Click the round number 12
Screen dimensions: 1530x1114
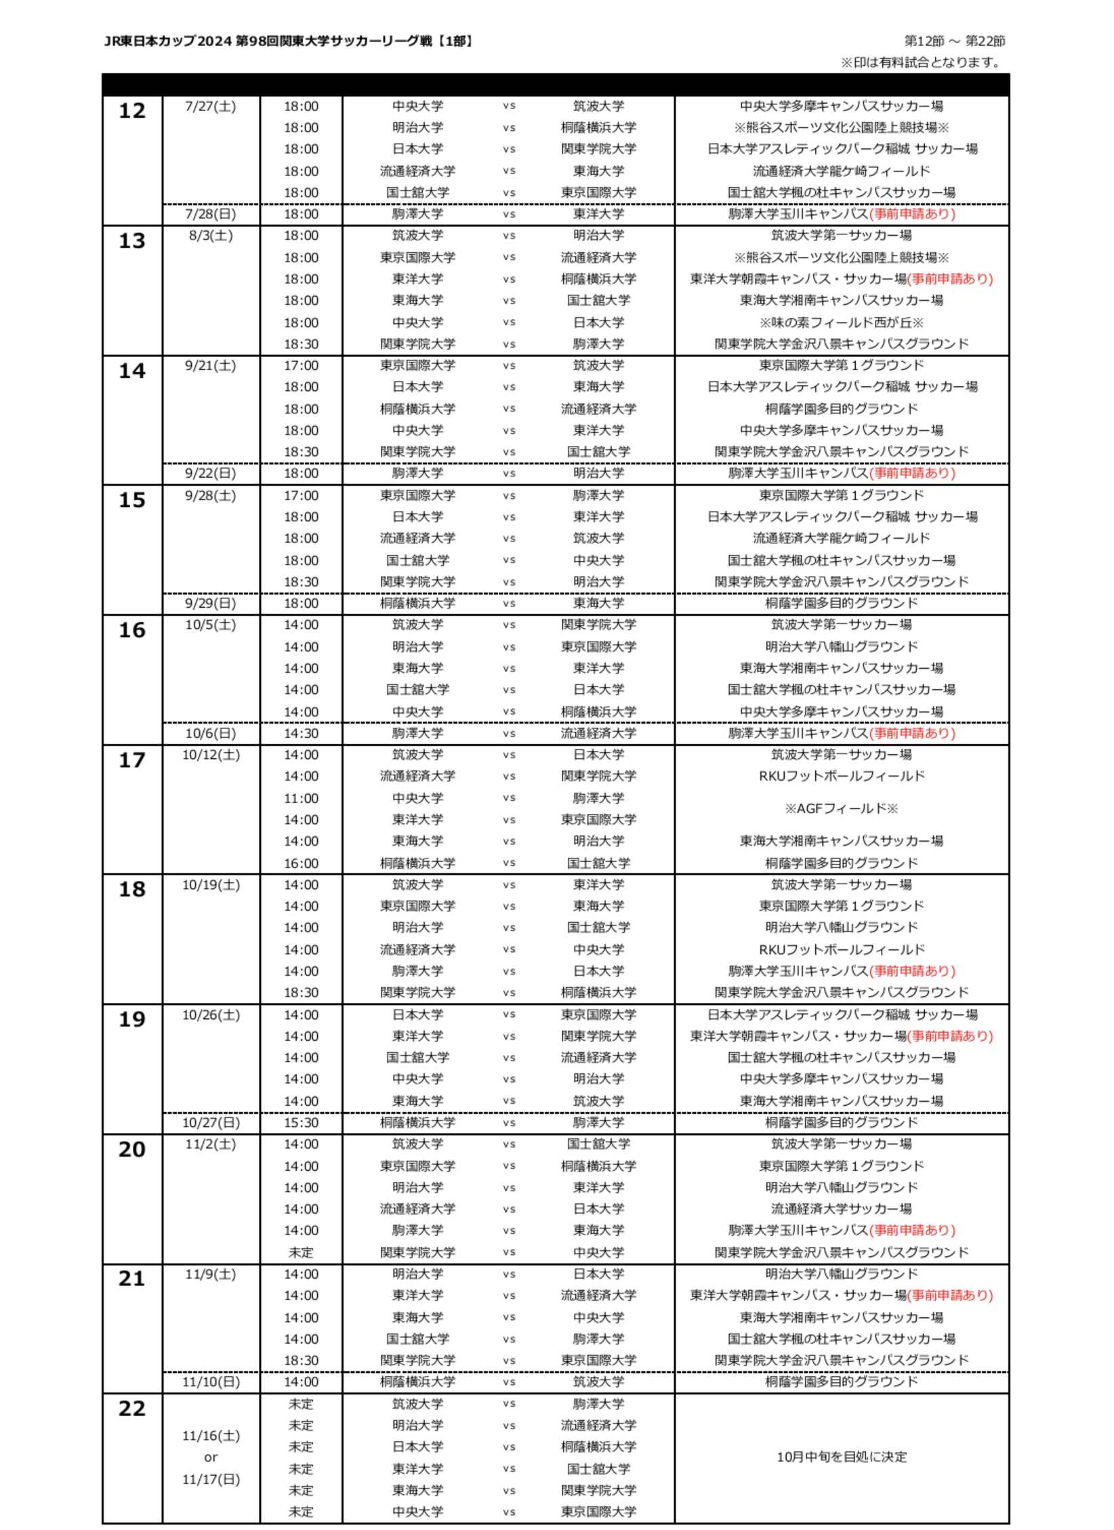pos(132,110)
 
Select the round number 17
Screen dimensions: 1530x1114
pos(132,760)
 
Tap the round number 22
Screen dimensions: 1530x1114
pos(132,1408)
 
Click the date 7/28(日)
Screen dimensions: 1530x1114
pos(211,214)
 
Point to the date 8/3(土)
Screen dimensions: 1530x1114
pos(211,236)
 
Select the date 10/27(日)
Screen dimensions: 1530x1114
pos(211,1123)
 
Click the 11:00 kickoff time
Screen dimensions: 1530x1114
pos(301,798)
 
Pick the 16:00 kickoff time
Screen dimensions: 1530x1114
pos(301,863)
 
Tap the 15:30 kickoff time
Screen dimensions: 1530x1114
pos(301,1123)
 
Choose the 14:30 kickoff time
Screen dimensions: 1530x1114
pos(301,733)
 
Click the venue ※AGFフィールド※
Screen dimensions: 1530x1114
pos(841,808)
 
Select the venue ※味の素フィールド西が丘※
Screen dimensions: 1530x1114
pos(841,323)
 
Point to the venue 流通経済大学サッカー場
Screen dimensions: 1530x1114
pos(841,1209)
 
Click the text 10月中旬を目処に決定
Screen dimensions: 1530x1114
pos(841,1457)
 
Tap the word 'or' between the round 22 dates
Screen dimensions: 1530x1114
pos(211,1457)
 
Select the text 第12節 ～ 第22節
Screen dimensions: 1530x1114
pos(954,41)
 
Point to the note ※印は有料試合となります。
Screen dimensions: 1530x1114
pos(922,63)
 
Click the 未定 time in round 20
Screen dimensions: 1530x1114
pos(301,1252)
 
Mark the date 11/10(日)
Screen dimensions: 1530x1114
pos(211,1382)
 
